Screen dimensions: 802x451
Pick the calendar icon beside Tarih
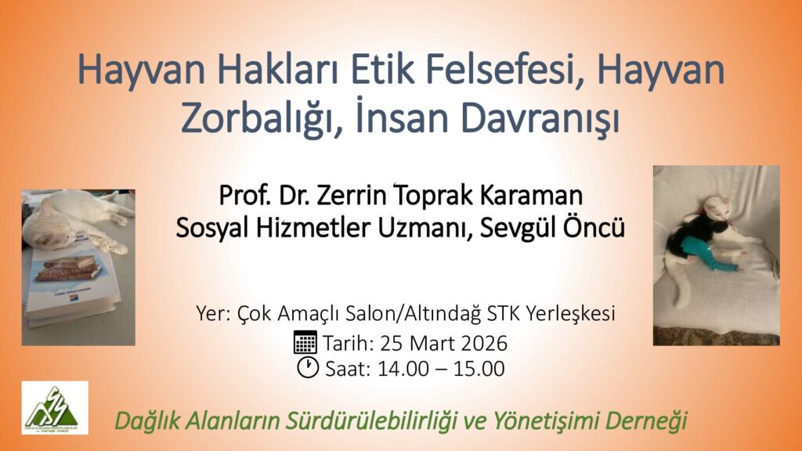coord(305,342)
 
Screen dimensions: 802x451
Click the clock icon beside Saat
coord(308,367)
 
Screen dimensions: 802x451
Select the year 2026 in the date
coord(483,343)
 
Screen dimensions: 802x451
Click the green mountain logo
coord(55,408)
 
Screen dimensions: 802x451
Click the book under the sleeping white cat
coord(71,280)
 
